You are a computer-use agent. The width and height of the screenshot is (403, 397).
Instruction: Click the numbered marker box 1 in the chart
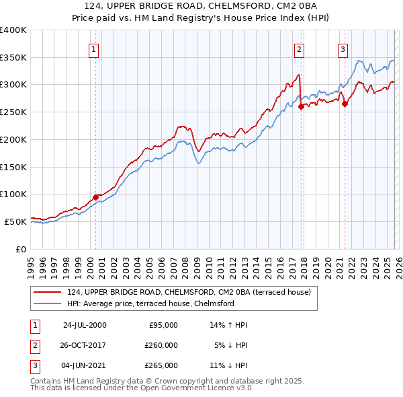point(93,48)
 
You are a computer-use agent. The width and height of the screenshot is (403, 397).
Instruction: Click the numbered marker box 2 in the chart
point(298,48)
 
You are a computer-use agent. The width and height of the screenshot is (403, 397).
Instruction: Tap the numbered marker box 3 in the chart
point(343,48)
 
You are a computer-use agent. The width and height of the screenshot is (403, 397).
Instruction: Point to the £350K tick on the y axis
point(13,58)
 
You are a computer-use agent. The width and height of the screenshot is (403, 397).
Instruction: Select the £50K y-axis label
point(15,221)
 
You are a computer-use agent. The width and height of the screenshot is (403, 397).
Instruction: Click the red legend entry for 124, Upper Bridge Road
point(188,293)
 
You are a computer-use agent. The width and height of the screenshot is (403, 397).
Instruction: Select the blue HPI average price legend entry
point(150,304)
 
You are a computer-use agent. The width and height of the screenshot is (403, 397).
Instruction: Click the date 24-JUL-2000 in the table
point(85,325)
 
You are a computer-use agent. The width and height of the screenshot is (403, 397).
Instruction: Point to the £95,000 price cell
point(164,325)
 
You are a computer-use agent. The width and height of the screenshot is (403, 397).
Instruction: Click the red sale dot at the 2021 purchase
point(345,104)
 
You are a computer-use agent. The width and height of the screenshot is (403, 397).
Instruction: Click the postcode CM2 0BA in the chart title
point(239,7)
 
